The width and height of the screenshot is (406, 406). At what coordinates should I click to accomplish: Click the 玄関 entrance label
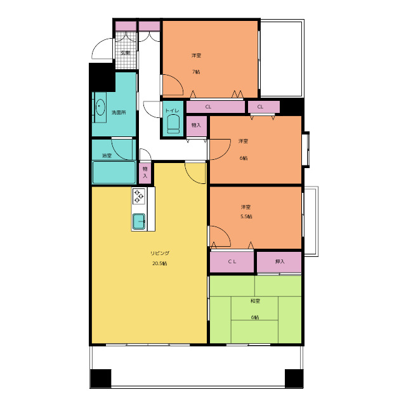[126, 53]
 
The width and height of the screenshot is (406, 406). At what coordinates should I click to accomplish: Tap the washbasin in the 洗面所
[100, 107]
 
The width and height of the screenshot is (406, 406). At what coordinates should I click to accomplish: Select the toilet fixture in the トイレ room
[173, 124]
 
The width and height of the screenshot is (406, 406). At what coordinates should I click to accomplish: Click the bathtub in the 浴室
[114, 172]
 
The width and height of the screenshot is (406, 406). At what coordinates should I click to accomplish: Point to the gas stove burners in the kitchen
[138, 196]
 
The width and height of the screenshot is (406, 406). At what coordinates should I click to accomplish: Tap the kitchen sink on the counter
[139, 221]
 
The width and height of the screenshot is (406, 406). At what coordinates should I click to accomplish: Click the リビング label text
[160, 253]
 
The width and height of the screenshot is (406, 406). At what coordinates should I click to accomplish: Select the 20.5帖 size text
[159, 263]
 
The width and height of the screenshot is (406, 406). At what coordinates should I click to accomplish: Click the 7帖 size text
[196, 72]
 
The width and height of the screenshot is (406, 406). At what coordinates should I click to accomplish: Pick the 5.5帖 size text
[246, 216]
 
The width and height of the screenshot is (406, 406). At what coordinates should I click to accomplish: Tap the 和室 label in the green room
[255, 301]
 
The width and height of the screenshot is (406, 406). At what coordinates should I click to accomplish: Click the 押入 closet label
[280, 261]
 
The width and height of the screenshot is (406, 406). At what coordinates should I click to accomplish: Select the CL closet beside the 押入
[232, 262]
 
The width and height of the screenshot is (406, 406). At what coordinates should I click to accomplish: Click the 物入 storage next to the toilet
[197, 126]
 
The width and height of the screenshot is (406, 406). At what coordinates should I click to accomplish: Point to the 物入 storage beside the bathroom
[145, 173]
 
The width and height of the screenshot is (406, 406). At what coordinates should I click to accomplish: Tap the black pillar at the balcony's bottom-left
[101, 378]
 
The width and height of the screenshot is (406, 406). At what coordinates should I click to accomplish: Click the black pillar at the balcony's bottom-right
[294, 378]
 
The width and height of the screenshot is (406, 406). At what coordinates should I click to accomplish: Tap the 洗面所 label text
[119, 113]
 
